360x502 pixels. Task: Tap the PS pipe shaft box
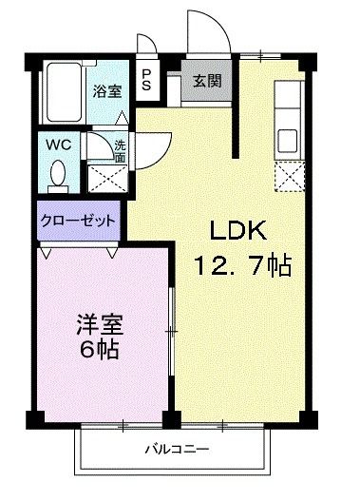(148, 78)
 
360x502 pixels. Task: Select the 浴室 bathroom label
(106, 91)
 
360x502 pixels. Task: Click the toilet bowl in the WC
(58, 172)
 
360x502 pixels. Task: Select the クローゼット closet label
(78, 220)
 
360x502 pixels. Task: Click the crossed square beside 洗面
(99, 176)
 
